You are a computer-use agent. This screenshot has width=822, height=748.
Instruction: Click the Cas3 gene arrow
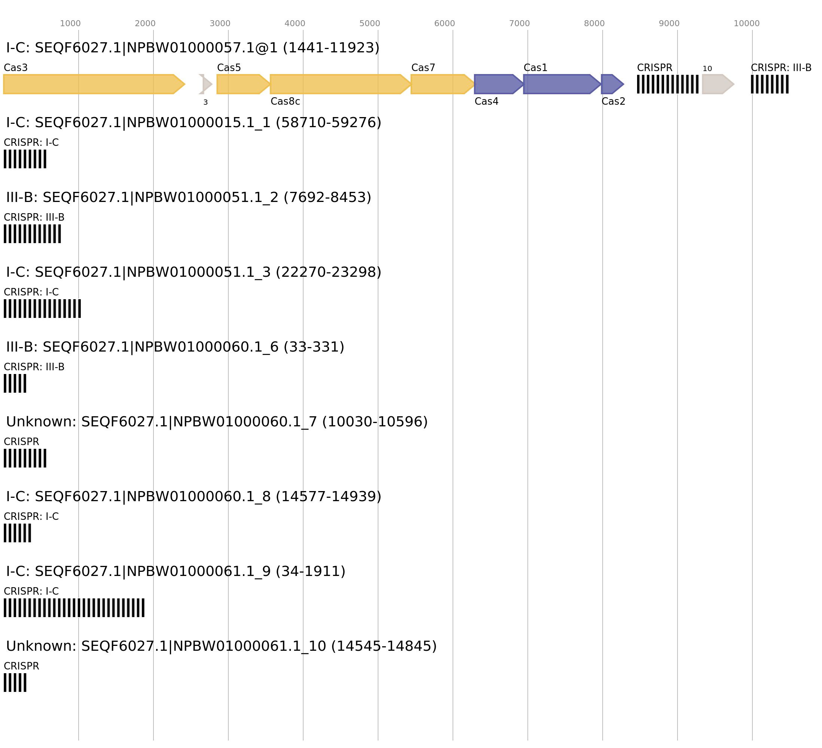click(x=94, y=84)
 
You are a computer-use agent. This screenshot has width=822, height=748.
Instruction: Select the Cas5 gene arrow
click(x=243, y=84)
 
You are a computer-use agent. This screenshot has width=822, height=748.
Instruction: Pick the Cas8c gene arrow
click(x=341, y=84)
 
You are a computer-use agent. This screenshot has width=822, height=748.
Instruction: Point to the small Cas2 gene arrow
click(x=612, y=84)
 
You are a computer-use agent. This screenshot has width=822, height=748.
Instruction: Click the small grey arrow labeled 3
click(x=206, y=84)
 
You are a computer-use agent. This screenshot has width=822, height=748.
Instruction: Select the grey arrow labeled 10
click(x=718, y=84)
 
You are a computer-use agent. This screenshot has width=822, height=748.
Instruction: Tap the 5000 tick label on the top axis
click(x=370, y=24)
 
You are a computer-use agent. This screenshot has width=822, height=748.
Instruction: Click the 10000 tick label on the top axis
click(x=746, y=24)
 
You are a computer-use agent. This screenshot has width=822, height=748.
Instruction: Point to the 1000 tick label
click(x=70, y=24)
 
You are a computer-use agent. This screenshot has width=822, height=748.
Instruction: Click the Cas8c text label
click(x=285, y=101)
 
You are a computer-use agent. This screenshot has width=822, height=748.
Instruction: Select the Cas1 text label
click(x=535, y=68)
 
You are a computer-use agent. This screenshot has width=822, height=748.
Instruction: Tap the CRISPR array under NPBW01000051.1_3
click(x=42, y=309)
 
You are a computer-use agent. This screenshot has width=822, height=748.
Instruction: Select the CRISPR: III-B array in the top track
click(x=770, y=84)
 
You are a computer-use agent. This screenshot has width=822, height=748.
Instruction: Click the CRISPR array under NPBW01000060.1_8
click(x=18, y=533)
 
